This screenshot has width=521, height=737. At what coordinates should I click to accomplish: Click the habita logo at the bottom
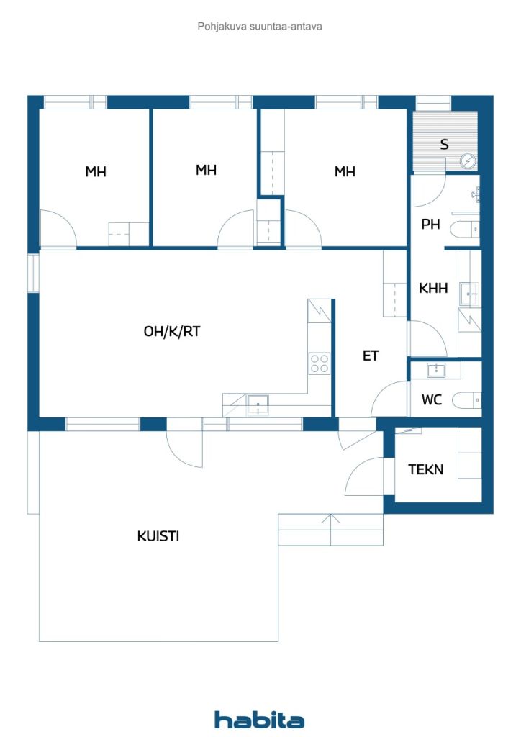pyautogui.click(x=259, y=720)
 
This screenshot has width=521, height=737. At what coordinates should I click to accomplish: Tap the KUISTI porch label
pyautogui.click(x=158, y=535)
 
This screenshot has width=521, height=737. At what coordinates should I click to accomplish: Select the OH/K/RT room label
pyautogui.click(x=172, y=331)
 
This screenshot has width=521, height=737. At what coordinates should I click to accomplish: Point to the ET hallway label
pyautogui.click(x=371, y=356)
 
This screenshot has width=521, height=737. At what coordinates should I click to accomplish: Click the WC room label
pyautogui.click(x=431, y=400)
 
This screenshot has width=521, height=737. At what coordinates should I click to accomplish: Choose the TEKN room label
pyautogui.click(x=425, y=469)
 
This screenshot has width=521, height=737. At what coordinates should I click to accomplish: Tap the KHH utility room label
pyautogui.click(x=433, y=288)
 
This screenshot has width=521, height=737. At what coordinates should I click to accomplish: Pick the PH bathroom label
pyautogui.click(x=430, y=225)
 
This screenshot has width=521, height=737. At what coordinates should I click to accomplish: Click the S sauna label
pyautogui.click(x=444, y=144)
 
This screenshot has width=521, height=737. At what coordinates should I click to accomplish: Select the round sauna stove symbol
pyautogui.click(x=468, y=162)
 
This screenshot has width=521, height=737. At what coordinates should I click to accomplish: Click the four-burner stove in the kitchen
pyautogui.click(x=320, y=363)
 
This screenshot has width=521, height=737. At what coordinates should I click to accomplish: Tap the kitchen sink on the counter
pyautogui.click(x=258, y=404)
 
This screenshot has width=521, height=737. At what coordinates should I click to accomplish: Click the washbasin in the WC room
pyautogui.click(x=437, y=371)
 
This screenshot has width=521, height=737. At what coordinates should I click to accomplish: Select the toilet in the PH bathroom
pyautogui.click(x=465, y=230)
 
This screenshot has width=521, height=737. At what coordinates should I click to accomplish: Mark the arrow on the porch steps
pyautogui.click(x=331, y=530)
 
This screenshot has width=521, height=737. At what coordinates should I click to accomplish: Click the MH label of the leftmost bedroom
pyautogui.click(x=96, y=171)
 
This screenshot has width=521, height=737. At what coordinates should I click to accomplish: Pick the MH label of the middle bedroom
pyautogui.click(x=207, y=170)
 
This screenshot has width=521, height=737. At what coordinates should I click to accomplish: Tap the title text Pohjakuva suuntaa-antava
pyautogui.click(x=260, y=27)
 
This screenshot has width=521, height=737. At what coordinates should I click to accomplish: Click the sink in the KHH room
pyautogui.click(x=469, y=294)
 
